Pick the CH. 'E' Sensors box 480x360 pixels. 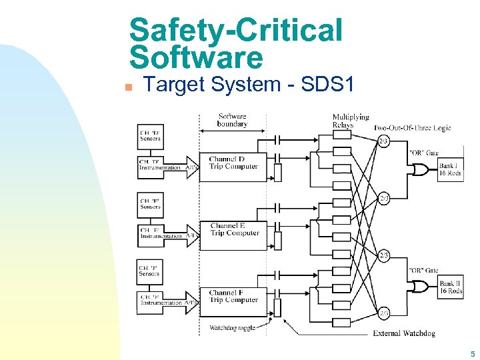(150, 203)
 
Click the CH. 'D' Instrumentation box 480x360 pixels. (160, 165)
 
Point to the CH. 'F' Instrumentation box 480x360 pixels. (160, 300)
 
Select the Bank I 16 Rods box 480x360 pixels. (451, 169)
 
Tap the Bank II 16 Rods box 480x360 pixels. (451, 287)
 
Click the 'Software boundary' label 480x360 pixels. (232, 120)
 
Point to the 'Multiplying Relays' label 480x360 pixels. (351, 121)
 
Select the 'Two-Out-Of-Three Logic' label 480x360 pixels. (412, 127)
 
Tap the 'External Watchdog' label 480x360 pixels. (404, 333)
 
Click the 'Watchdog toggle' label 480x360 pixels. (232, 327)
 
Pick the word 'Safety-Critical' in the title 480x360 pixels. (235, 30)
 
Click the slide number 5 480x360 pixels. (473, 354)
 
